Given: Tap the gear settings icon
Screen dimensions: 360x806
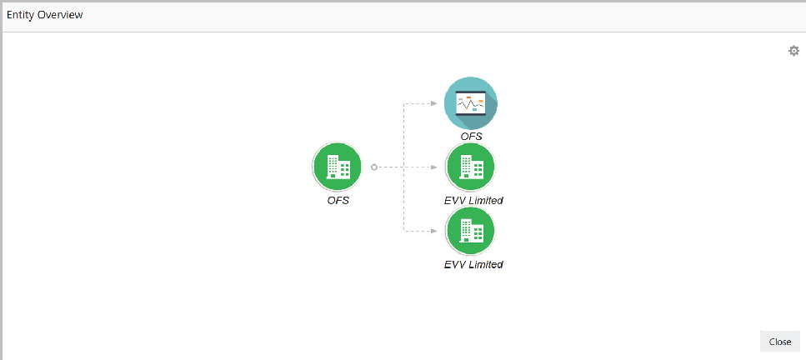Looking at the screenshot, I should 793,51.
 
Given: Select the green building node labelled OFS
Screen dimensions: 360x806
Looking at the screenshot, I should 338,167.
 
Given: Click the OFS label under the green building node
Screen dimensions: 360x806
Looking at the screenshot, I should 338,200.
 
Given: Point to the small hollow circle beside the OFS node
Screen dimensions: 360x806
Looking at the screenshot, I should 374,167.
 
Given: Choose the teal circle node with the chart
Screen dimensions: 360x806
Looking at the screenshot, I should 471,103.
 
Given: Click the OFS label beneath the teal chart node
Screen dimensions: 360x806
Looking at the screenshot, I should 472,136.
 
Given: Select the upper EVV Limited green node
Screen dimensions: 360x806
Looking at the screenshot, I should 471,167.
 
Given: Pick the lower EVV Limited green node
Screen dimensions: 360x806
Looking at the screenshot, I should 471,231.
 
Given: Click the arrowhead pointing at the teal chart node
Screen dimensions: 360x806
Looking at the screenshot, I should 434,103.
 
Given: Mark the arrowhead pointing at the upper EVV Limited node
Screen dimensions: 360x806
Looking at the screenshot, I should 434,167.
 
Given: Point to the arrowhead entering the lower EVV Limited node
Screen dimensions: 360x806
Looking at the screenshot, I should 434,231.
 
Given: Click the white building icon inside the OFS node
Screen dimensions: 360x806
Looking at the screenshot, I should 338,167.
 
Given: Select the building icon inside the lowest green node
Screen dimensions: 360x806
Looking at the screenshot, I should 471,231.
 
